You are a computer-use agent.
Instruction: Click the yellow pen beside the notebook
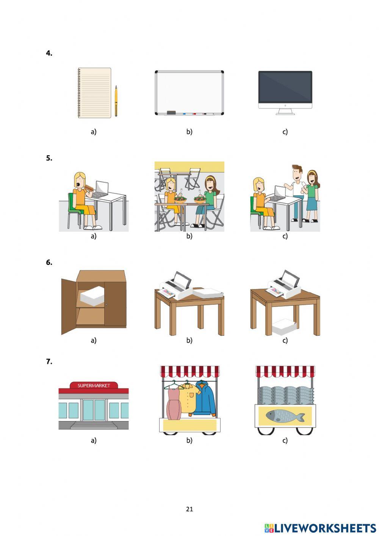(116, 101)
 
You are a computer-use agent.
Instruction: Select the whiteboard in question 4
(189, 93)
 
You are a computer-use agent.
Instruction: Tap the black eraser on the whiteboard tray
(171, 112)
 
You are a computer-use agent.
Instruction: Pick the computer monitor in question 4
(285, 93)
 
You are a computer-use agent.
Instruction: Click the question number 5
(49, 158)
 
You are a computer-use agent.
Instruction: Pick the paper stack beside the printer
(208, 293)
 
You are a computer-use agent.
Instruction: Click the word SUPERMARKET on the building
(94, 385)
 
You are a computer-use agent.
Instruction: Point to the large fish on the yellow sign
(285, 416)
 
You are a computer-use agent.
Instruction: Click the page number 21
(189, 509)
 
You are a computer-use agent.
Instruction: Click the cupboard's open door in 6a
(69, 306)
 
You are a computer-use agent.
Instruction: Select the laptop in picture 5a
(100, 190)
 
